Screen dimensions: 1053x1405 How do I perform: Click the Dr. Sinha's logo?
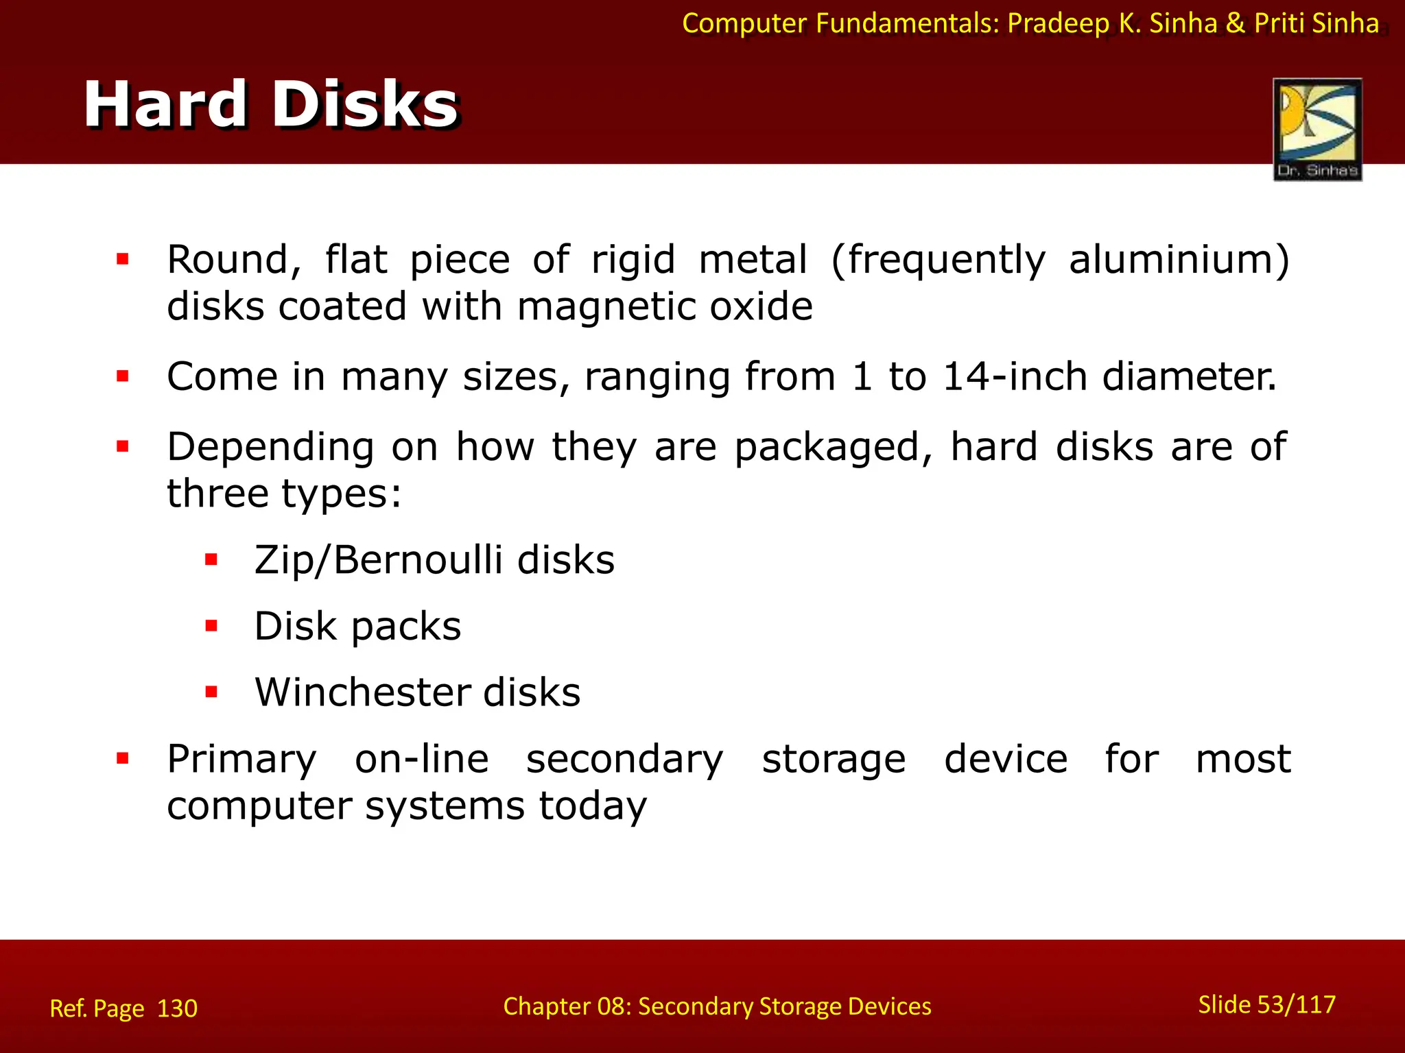point(1317,129)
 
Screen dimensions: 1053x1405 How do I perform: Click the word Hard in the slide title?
point(165,104)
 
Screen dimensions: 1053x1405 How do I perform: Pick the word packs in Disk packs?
point(405,627)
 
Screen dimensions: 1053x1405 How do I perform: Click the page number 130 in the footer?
point(177,1008)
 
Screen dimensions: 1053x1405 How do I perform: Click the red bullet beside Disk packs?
point(211,626)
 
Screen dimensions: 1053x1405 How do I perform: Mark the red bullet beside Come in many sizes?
point(123,376)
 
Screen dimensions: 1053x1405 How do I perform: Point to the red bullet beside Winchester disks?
point(211,692)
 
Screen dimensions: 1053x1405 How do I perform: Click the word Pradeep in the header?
point(1058,24)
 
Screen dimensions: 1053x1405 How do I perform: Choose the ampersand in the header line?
point(1235,24)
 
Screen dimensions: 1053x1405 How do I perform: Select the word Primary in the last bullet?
point(241,760)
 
